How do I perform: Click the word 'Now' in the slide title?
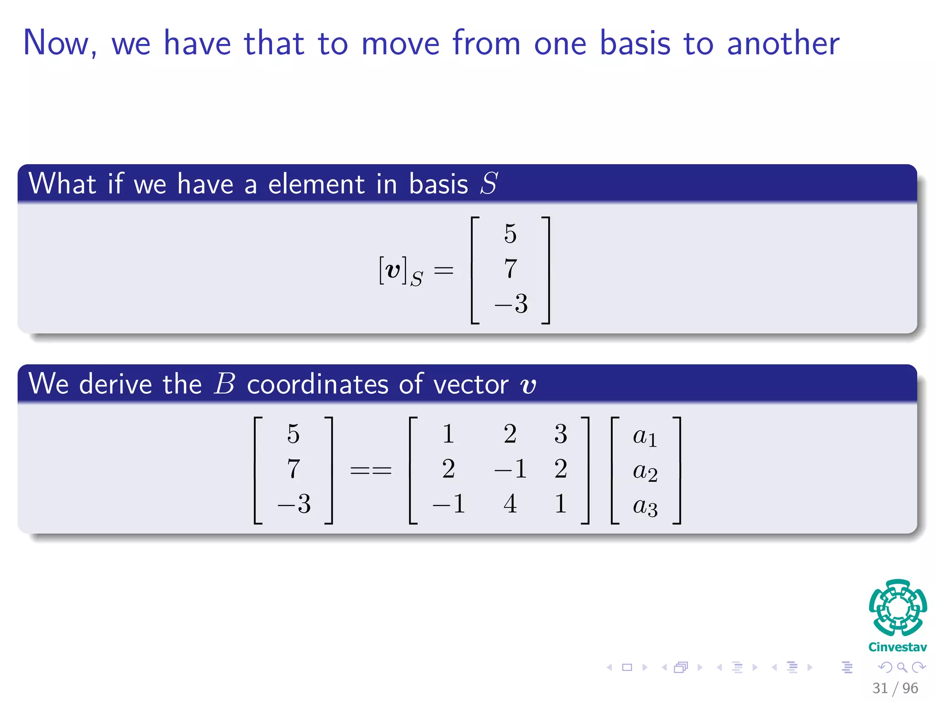tap(56, 43)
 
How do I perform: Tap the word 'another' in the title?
tap(783, 43)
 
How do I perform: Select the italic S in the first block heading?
tap(489, 184)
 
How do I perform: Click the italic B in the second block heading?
tap(224, 384)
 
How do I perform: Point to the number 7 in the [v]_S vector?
tap(510, 268)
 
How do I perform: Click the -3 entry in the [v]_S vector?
tap(511, 303)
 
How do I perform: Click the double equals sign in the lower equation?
tap(371, 470)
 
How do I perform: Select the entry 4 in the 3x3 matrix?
tap(510, 504)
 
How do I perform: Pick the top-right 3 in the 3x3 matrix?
tap(561, 434)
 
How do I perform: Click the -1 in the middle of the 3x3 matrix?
tap(510, 469)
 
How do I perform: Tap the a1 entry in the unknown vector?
tap(645, 436)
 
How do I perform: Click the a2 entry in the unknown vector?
tap(645, 472)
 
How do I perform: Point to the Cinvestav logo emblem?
tap(898, 608)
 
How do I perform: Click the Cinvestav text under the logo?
tap(898, 647)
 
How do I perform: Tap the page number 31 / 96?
tap(895, 688)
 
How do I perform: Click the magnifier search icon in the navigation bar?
tap(902, 668)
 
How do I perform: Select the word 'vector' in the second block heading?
tap(471, 384)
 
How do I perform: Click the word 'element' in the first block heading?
tap(316, 184)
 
